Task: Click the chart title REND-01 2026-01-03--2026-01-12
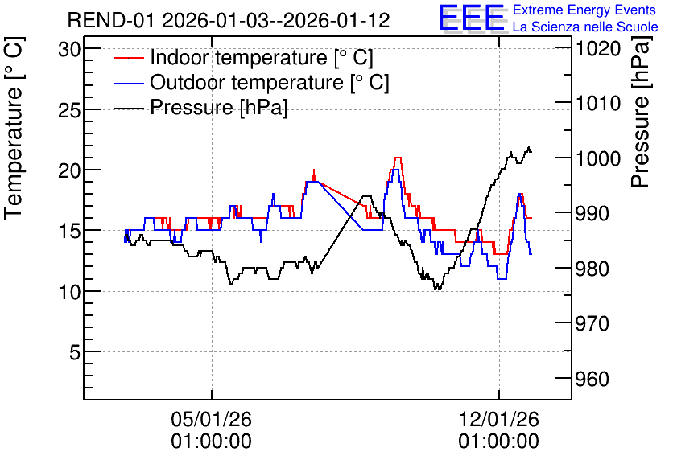pyautogui.click(x=229, y=20)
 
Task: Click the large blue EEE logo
pyautogui.click(x=472, y=18)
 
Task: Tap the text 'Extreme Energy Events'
pyautogui.click(x=584, y=10)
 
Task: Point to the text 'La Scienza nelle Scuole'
pyautogui.click(x=585, y=27)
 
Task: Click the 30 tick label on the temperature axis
pyautogui.click(x=69, y=50)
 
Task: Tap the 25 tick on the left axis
pyautogui.click(x=69, y=110)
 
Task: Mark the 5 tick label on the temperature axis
pyautogui.click(x=75, y=352)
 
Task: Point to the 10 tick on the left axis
pyautogui.click(x=69, y=292)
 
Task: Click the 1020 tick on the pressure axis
pyautogui.click(x=598, y=48)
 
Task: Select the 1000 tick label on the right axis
pyautogui.click(x=598, y=158)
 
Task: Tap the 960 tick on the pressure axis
pyautogui.click(x=592, y=379)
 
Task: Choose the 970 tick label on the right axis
pyautogui.click(x=592, y=323)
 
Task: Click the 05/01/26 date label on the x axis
pyautogui.click(x=211, y=419)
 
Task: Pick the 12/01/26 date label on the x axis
pyautogui.click(x=499, y=419)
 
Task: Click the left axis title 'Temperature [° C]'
pyautogui.click(x=14, y=128)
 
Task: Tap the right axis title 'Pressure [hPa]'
pyautogui.click(x=641, y=112)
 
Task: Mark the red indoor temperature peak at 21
pyautogui.click(x=398, y=158)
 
